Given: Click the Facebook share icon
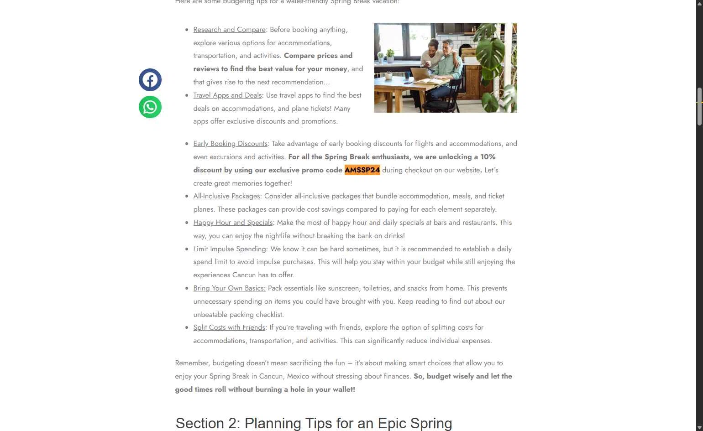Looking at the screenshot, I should (150, 80).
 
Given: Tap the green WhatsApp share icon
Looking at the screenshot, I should (150, 107).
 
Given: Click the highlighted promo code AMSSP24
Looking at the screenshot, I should (362, 170).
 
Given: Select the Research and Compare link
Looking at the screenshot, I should (229, 30).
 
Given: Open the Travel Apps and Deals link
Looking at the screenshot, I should (227, 95).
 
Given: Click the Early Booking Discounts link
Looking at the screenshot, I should (230, 144).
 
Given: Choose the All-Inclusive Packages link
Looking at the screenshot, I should (226, 196).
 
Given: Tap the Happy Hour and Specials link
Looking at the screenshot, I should (233, 223).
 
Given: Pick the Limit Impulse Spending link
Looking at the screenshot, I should (229, 249).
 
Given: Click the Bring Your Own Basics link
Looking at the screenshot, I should (229, 288).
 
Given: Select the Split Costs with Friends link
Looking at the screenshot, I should (229, 327).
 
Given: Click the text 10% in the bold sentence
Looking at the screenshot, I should (488, 157).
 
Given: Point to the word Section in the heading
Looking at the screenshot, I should (198, 423).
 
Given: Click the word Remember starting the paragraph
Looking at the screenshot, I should (192, 363).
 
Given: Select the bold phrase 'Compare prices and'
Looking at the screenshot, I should (318, 56).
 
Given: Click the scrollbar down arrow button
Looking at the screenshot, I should (699, 427).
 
